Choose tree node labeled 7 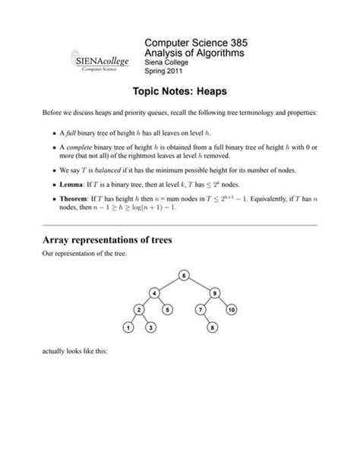(x=199, y=310)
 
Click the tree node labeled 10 (x=231, y=310)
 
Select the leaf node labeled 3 (x=150, y=327)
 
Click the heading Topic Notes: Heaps (x=180, y=90)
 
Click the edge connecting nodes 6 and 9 (x=200, y=283)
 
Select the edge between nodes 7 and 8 (x=207, y=319)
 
